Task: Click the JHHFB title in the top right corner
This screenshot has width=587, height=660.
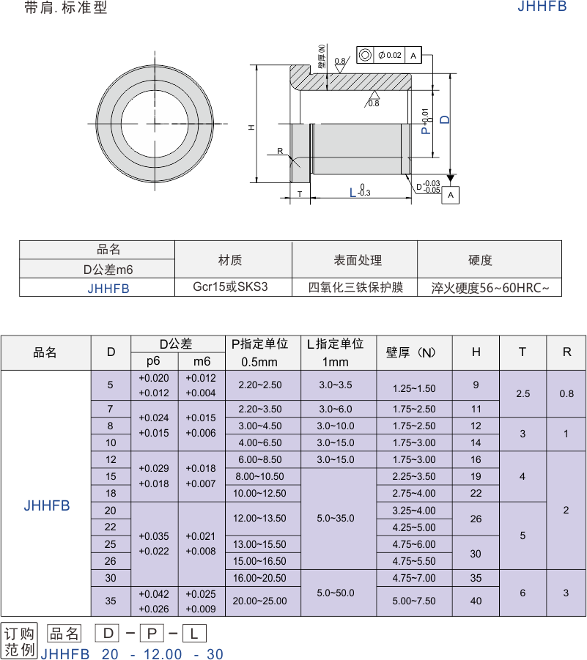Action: pyautogui.click(x=542, y=7)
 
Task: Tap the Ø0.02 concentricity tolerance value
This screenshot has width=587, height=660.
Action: pyautogui.click(x=390, y=55)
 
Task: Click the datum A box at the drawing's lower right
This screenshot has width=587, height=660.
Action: pyautogui.click(x=451, y=196)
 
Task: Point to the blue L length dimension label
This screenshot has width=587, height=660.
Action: pyautogui.click(x=353, y=193)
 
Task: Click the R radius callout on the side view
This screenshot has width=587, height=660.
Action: pyautogui.click(x=280, y=151)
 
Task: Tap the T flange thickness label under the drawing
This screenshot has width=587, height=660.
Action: pyautogui.click(x=300, y=194)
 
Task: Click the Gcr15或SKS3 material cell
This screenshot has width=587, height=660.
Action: pyautogui.click(x=230, y=286)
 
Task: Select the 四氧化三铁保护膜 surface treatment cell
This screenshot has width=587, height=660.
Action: pyautogui.click(x=356, y=287)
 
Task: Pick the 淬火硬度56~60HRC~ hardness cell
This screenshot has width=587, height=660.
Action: pyautogui.click(x=490, y=288)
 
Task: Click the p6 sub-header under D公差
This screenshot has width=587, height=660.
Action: pyautogui.click(x=154, y=361)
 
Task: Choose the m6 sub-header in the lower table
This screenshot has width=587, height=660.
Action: pyautogui.click(x=202, y=361)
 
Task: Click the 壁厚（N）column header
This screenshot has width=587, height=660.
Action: pyautogui.click(x=411, y=352)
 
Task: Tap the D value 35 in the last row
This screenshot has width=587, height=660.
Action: pyautogui.click(x=111, y=601)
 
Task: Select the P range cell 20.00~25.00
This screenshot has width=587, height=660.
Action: pyautogui.click(x=260, y=601)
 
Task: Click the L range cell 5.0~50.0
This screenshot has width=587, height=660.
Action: pyautogui.click(x=336, y=593)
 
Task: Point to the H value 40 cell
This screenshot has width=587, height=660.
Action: pyautogui.click(x=476, y=601)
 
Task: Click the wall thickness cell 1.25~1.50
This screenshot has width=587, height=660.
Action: pyautogui.click(x=414, y=388)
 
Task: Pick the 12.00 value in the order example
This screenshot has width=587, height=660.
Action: pyautogui.click(x=163, y=653)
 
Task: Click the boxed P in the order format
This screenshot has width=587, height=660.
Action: pyautogui.click(x=152, y=634)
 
